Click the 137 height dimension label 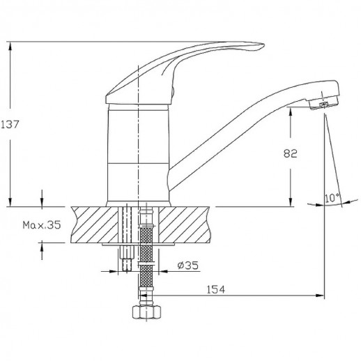(x=10, y=125)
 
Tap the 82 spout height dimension (x=290, y=153)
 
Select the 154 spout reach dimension (x=216, y=289)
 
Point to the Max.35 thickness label (x=42, y=225)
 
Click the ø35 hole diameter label (x=188, y=265)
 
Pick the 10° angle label (x=332, y=198)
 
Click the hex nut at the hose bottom (x=146, y=312)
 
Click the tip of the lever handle (x=263, y=45)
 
